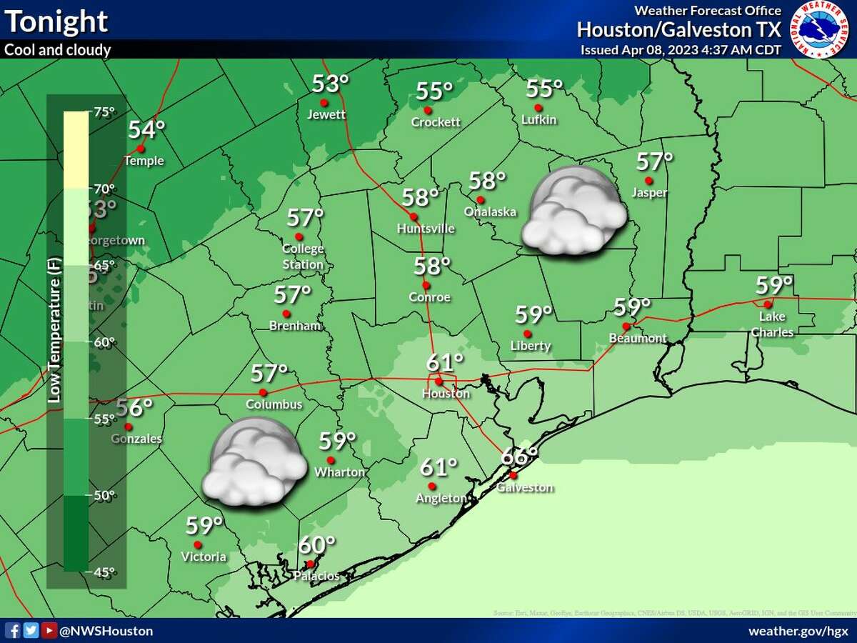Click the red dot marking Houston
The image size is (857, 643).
pos(438,381)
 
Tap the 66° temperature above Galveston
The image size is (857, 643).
pos(518,456)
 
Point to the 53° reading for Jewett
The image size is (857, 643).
pos(330,84)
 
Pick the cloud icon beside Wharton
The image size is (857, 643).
pos(254,462)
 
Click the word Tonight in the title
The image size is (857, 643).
pos(56,21)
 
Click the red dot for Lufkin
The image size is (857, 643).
pos(538,108)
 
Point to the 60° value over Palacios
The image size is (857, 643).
pos(316,545)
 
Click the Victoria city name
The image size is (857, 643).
pos(204,557)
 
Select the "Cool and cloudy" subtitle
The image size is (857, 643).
pos(58,50)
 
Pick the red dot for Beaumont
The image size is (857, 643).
pos(626,326)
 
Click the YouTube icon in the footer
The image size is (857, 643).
pos(49,630)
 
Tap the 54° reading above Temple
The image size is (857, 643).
pos(147,130)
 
